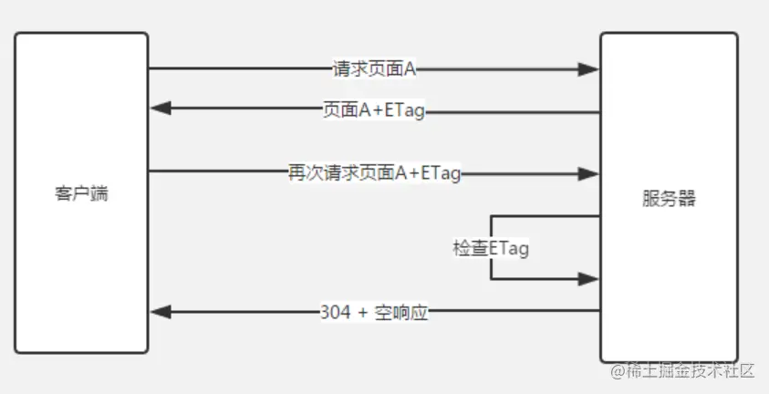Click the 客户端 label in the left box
click(x=81, y=193)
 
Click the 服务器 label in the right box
click(x=669, y=198)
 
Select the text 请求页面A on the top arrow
click(x=374, y=67)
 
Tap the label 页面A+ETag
click(x=374, y=111)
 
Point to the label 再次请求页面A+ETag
click(x=374, y=173)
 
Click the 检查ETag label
click(x=491, y=247)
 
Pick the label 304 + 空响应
click(x=374, y=312)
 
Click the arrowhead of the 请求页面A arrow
click(x=590, y=68)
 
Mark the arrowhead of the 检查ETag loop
click(x=590, y=279)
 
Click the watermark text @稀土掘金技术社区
click(x=684, y=370)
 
